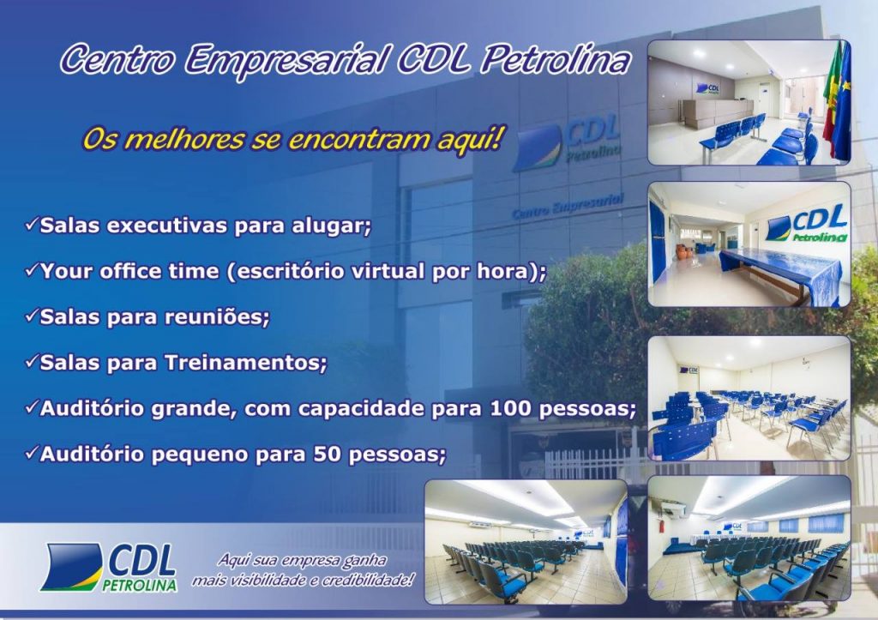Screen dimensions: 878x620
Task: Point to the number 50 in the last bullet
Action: [328, 454]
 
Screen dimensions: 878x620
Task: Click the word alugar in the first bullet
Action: [330, 226]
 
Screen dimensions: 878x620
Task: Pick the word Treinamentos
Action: [244, 363]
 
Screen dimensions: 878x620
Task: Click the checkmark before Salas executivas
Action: [32, 225]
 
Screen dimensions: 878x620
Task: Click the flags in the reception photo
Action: [837, 101]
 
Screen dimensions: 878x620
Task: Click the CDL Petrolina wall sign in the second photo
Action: [806, 224]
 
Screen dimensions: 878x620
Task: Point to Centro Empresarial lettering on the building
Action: [568, 205]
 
